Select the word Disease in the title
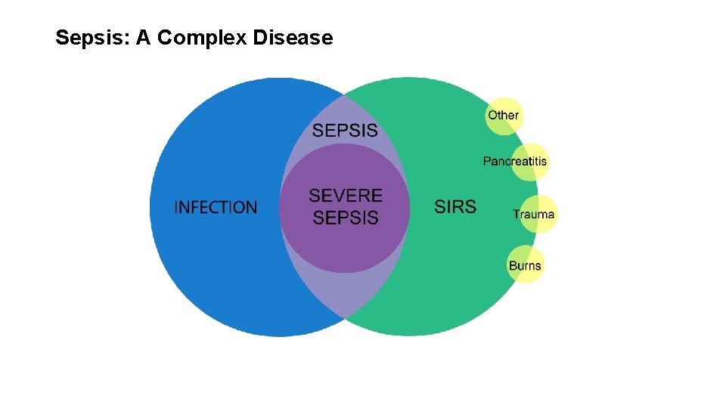pyautogui.click(x=293, y=38)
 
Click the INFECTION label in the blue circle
pyautogui.click(x=216, y=207)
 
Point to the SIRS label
pyautogui.click(x=455, y=206)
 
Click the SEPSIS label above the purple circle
pyautogui.click(x=345, y=130)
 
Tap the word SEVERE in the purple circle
pyautogui.click(x=346, y=196)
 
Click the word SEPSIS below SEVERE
pyautogui.click(x=346, y=218)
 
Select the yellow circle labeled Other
pyautogui.click(x=504, y=116)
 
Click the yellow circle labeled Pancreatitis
pyautogui.click(x=529, y=162)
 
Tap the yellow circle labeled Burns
pyautogui.click(x=525, y=264)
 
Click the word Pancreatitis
pyautogui.click(x=515, y=161)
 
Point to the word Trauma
pyautogui.click(x=534, y=215)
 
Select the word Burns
pyautogui.click(x=525, y=266)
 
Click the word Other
pyautogui.click(x=503, y=116)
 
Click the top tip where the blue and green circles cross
pyautogui.click(x=344, y=95)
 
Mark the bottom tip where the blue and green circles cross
pyautogui.click(x=344, y=317)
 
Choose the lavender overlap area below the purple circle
pyautogui.click(x=345, y=291)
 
